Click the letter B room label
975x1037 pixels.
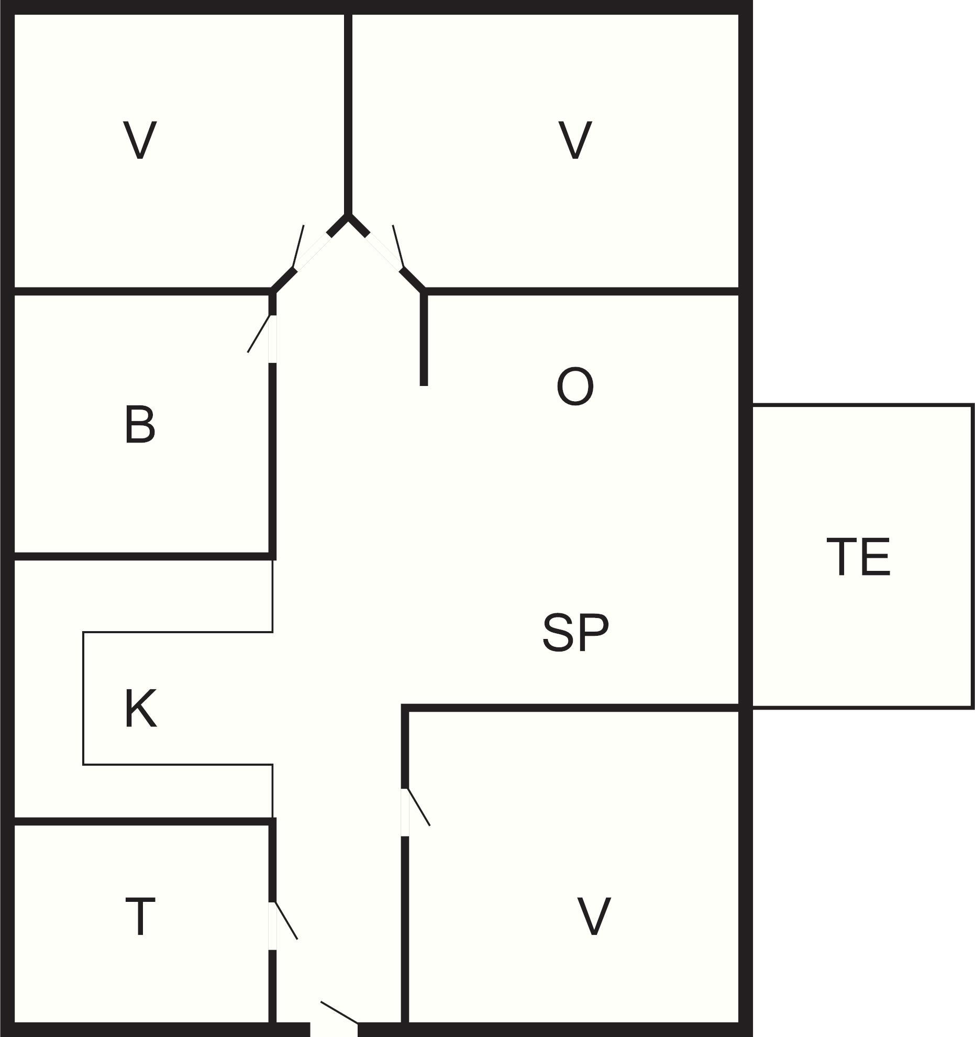pyautogui.click(x=140, y=424)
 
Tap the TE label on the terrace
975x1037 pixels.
pyautogui.click(x=858, y=557)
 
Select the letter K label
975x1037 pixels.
pyautogui.click(x=141, y=709)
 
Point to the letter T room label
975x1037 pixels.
pyautogui.click(x=140, y=916)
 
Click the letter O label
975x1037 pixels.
pyautogui.click(x=575, y=387)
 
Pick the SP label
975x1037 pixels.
pyautogui.click(x=575, y=633)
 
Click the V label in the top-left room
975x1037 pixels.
pyautogui.click(x=140, y=140)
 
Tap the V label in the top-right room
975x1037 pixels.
pyautogui.click(x=575, y=140)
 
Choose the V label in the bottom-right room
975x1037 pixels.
pyautogui.click(x=593, y=917)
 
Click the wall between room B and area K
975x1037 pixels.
pyautogui.click(x=141, y=556)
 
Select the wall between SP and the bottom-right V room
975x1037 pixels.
pyautogui.click(x=570, y=708)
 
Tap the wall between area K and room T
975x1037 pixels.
pyautogui.click(x=141, y=821)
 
